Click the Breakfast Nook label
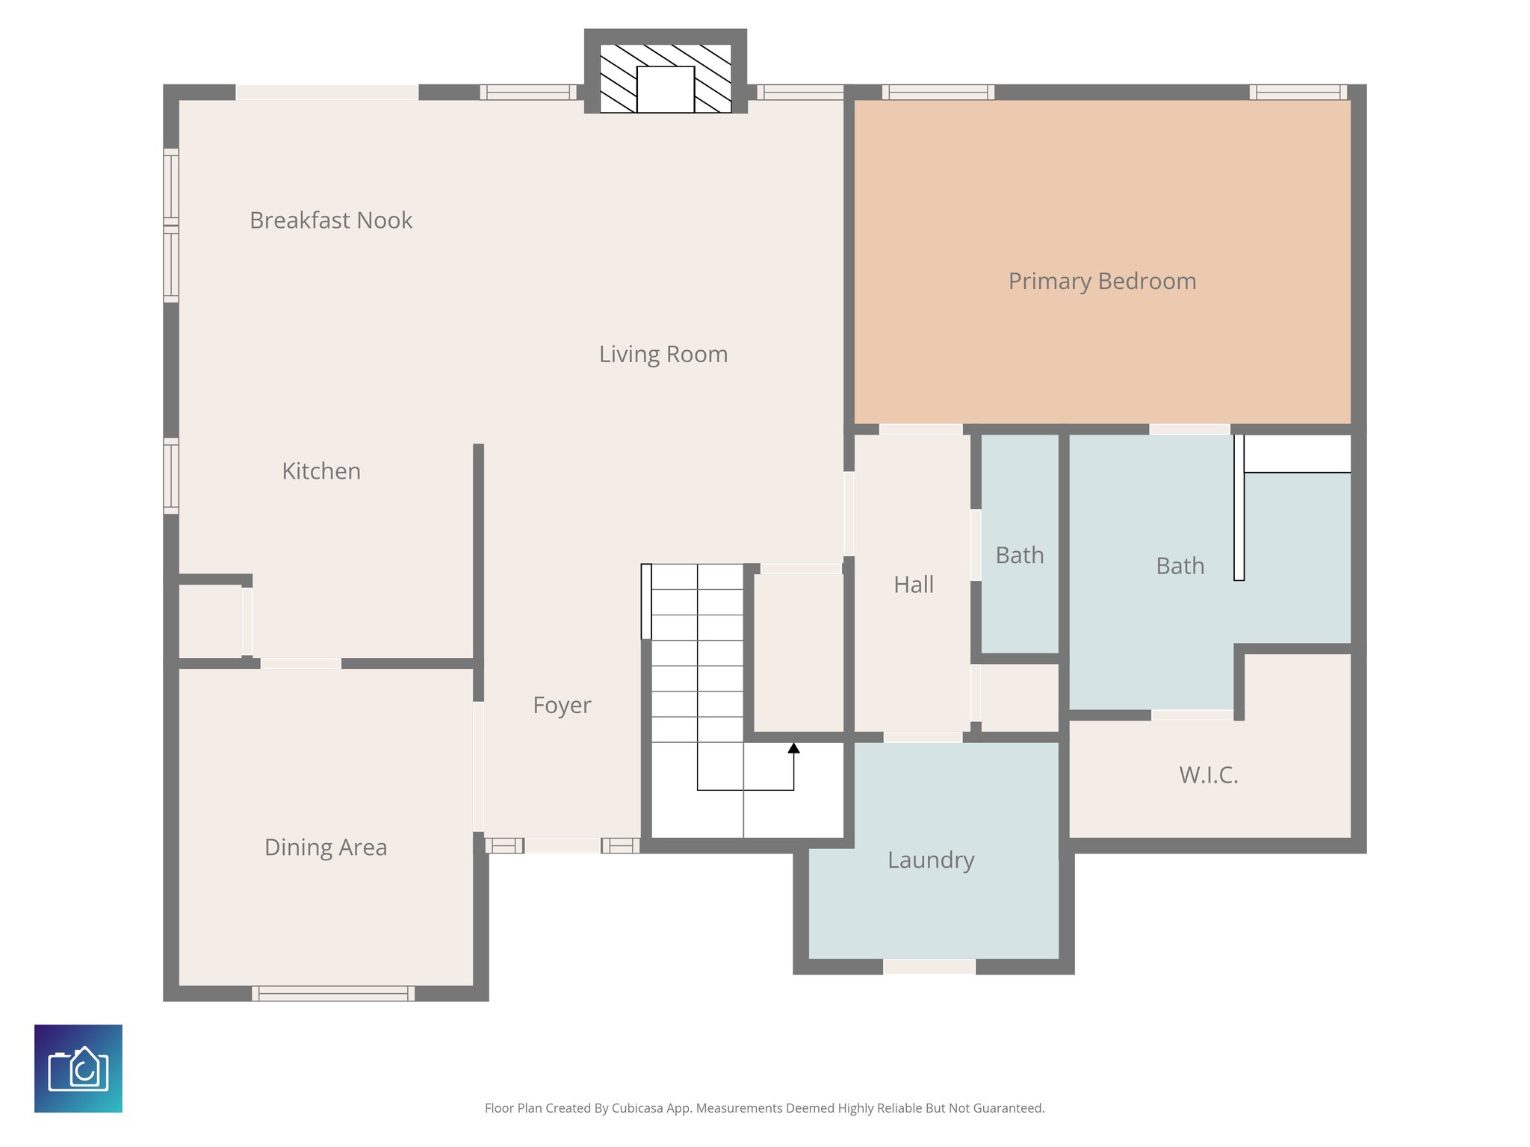[330, 220]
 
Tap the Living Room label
[663, 354]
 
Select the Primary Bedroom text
[1101, 282]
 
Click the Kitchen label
[321, 471]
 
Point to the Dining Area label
[326, 848]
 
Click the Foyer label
[562, 705]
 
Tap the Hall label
[913, 585]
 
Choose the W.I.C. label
[1208, 775]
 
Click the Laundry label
[930, 860]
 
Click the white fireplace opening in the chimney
[665, 90]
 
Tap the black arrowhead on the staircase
[793, 747]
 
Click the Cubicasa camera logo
[78, 1069]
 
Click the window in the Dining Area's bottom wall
[333, 993]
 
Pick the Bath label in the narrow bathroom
[1019, 556]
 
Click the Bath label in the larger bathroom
[1180, 566]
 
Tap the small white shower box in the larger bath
[1297, 453]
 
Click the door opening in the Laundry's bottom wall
[929, 966]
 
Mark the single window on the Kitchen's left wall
[171, 476]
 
